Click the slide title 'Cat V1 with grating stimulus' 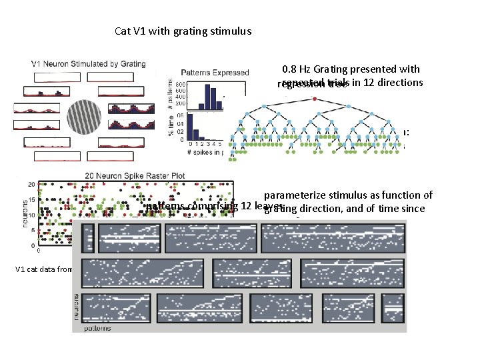point(183,31)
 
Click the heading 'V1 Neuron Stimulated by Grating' point(88,64)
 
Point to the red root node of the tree point(315,99)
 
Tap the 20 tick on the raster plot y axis point(30,184)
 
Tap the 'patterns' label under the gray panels point(99,328)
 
